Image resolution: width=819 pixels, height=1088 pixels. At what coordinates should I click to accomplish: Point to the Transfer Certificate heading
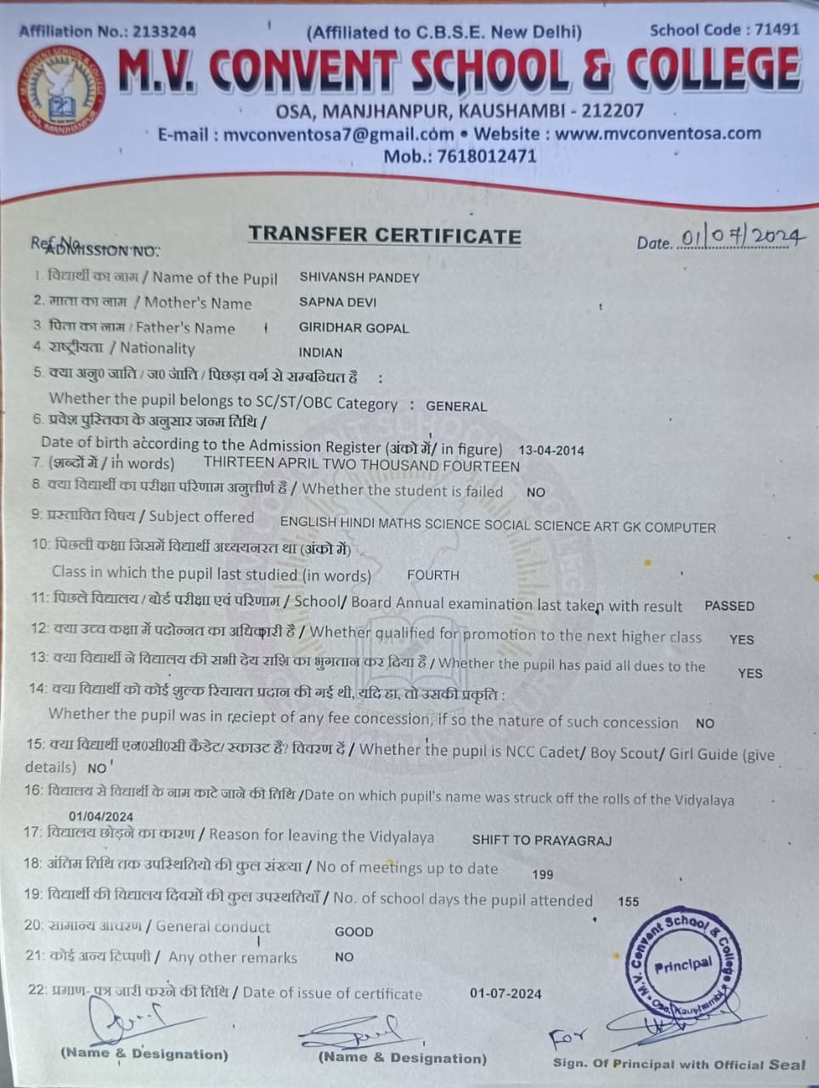pos(384,235)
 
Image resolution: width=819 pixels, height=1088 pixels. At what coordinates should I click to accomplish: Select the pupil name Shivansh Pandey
pos(359,277)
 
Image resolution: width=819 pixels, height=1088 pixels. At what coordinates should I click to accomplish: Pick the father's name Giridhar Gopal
pos(353,327)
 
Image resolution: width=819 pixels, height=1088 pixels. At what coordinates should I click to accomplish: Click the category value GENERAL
pos(456,406)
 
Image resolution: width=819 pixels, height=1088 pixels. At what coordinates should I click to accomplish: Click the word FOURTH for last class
pos(432,575)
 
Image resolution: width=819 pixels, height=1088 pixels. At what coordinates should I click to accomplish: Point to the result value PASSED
pos(729,606)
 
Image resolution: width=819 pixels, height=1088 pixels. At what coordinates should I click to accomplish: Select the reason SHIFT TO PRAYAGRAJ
pos(541,840)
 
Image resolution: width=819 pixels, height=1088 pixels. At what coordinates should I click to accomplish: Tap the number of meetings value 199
pos(542,874)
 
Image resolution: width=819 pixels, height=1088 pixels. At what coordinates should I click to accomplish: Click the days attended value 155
pos(629,901)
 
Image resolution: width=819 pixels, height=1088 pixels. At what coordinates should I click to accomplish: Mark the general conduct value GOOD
pos(353,932)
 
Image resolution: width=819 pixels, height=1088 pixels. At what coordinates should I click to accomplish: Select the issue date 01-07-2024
pos(505,993)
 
